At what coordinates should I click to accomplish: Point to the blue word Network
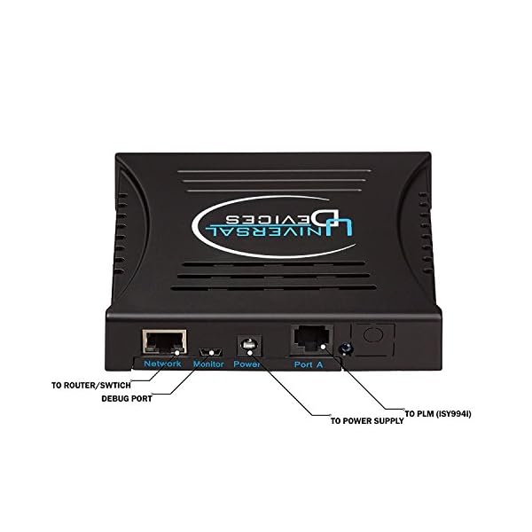(163, 364)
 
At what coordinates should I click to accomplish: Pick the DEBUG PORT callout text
(127, 398)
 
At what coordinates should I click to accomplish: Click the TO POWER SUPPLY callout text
(366, 421)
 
